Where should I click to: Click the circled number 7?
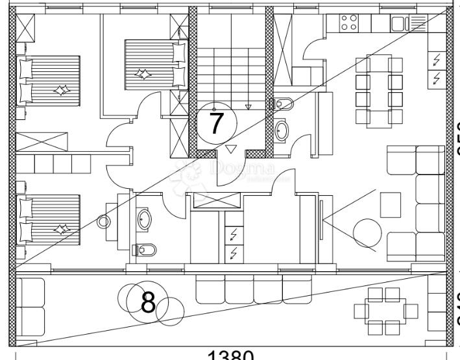(217, 123)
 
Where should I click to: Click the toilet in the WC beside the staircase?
(282, 103)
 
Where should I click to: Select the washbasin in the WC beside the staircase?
(282, 130)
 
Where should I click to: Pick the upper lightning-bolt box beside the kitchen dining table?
(437, 60)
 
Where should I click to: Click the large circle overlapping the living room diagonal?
(367, 232)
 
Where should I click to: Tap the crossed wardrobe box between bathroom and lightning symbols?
(213, 202)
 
